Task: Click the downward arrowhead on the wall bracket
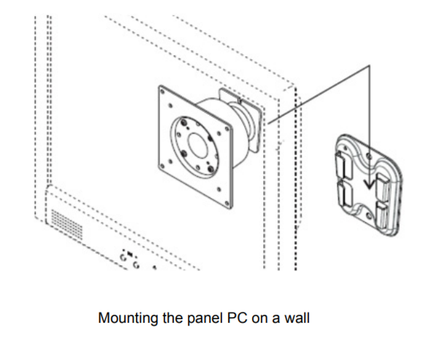369,184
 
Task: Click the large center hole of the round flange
197,145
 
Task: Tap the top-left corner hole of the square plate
162,92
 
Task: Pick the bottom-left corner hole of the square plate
162,166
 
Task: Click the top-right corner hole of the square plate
227,130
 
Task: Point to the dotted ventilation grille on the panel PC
67,224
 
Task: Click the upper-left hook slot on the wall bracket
343,165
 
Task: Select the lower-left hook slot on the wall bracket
345,194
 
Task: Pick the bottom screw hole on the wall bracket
369,215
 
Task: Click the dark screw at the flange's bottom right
210,169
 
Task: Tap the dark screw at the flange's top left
184,122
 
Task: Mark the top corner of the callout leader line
370,66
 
